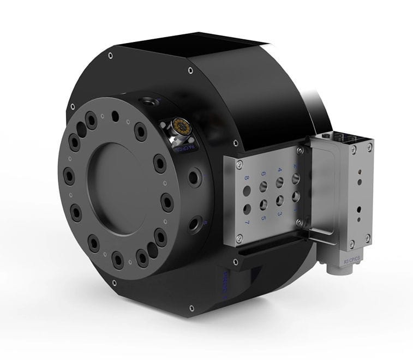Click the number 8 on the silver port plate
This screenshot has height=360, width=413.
coord(247,178)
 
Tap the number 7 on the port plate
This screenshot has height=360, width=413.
coord(247,223)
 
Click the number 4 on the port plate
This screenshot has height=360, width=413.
coord(279,169)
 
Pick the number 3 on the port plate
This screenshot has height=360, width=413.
coord(280,213)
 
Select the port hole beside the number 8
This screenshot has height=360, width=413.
coord(247,191)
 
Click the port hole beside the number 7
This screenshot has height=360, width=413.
coord(247,209)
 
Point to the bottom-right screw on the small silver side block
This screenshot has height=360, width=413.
coord(368,237)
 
